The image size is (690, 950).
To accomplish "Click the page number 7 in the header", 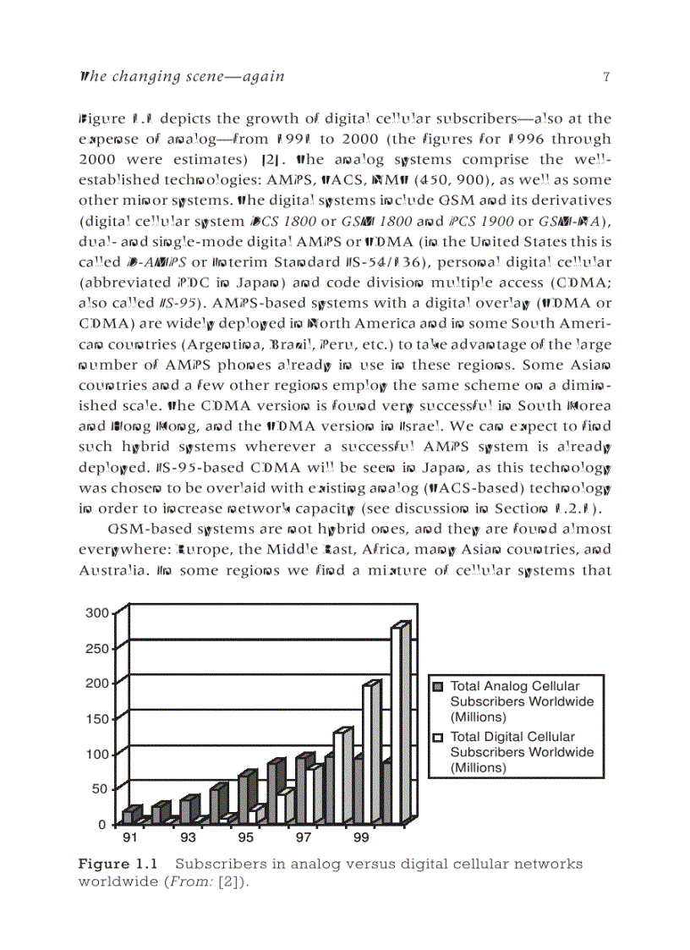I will click(606, 77).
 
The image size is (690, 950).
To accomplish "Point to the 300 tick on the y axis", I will click(96, 612).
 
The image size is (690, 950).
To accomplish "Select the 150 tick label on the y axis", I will click(96, 718).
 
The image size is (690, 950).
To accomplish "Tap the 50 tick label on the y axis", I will click(100, 788).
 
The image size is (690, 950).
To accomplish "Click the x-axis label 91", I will click(130, 837).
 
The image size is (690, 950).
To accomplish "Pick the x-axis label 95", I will click(245, 837).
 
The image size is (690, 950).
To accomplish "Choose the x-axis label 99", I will click(361, 837).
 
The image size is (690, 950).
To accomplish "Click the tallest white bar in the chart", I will click(397, 723).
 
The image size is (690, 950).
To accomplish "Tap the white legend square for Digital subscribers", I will click(438, 738).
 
